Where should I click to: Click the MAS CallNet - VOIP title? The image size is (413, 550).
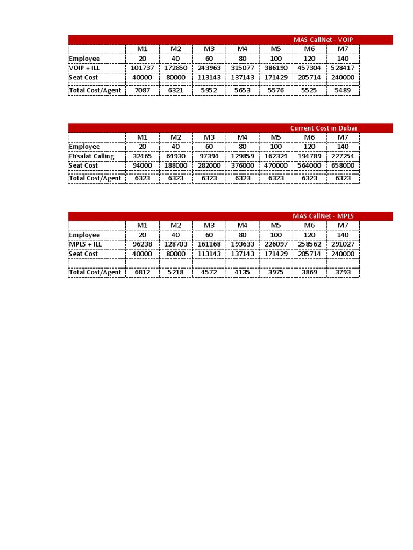point(323,40)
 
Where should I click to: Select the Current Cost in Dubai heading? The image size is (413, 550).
point(323,128)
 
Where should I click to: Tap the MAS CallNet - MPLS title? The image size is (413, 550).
point(323,216)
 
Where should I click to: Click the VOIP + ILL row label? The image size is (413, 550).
point(84,68)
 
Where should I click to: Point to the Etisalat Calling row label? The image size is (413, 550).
point(91,156)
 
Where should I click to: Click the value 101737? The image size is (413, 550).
point(142,68)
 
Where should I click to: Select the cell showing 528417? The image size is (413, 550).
point(343,68)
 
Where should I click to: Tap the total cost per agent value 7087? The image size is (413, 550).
point(142,90)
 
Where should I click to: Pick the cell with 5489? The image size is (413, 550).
point(343,90)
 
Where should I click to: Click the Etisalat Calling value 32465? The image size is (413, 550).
point(142,156)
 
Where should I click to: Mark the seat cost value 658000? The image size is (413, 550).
point(343,165)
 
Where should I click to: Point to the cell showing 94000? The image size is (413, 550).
point(142,165)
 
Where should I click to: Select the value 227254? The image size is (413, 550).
point(343,156)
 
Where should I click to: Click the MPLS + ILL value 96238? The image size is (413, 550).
point(142,244)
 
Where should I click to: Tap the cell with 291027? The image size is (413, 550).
point(343,244)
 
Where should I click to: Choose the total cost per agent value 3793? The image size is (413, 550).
point(343,272)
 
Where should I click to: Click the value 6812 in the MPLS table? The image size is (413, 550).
point(142,272)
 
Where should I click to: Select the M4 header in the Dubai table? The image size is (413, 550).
point(243,137)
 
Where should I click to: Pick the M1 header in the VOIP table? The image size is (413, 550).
point(142,49)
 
